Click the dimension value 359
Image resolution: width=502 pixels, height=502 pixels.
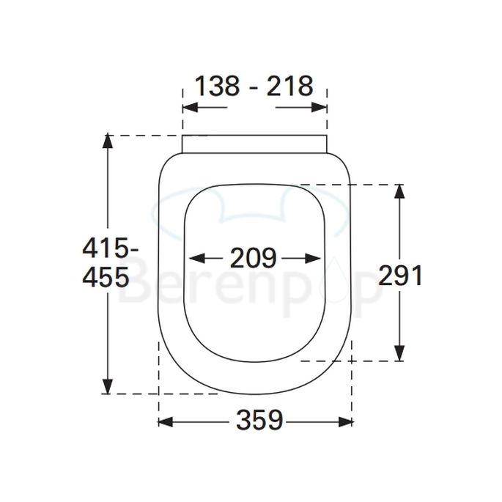(259, 421)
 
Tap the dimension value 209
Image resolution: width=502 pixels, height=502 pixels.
(254, 258)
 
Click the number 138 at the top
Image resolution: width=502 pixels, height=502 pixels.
(218, 86)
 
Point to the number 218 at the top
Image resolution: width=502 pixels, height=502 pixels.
(289, 86)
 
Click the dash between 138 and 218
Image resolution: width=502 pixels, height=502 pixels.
(254, 87)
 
